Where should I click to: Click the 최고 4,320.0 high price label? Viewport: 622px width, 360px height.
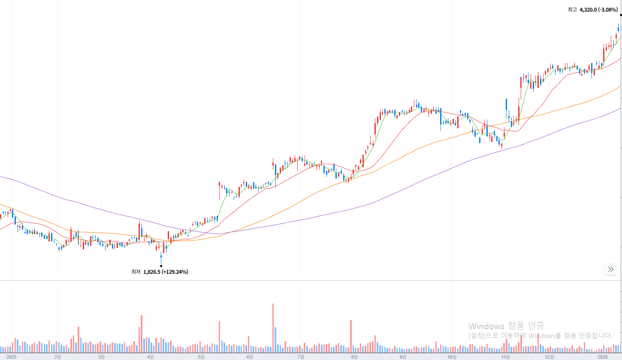point(592,9)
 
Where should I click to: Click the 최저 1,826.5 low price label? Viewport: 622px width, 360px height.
point(160,272)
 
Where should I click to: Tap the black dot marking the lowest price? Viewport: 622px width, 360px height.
point(161,266)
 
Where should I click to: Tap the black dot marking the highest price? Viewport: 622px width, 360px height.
point(621,15)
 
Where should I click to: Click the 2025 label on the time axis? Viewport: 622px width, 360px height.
point(11,357)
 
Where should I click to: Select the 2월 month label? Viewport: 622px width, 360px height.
point(57,357)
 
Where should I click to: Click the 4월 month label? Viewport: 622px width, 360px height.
point(150,357)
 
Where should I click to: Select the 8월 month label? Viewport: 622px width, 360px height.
point(354,357)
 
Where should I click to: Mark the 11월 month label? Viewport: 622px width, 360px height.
point(506,357)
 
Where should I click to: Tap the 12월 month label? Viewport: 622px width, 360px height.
point(550,357)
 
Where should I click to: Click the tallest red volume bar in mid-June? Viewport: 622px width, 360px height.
point(273,326)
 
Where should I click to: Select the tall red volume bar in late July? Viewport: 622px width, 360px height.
point(351,334)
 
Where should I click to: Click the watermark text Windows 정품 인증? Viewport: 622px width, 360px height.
point(506,326)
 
